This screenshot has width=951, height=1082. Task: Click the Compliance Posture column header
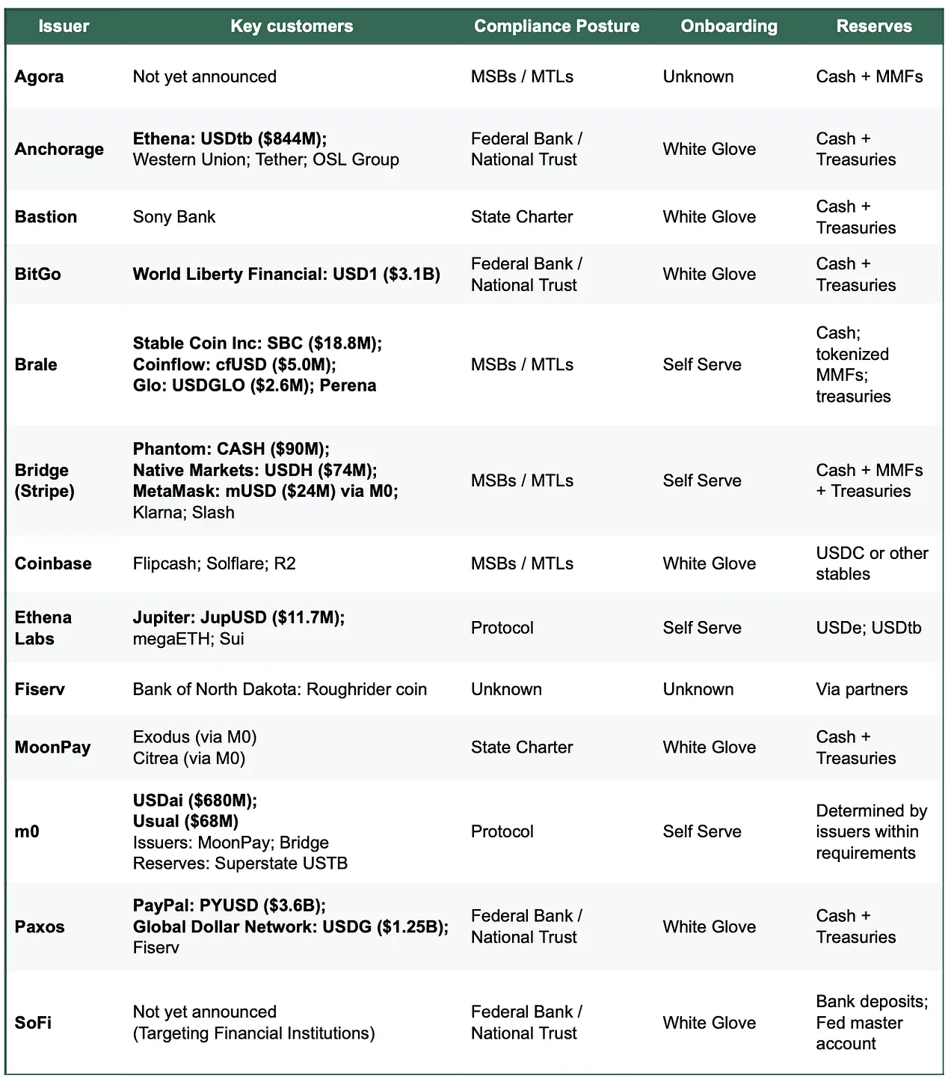556,26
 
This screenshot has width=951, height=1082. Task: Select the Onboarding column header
729,26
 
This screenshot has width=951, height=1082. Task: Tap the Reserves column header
873,26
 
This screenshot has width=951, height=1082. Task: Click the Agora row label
39,76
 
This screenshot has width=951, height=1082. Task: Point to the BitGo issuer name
37,274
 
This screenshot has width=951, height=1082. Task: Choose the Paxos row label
40,926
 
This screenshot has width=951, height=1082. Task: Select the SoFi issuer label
33,1022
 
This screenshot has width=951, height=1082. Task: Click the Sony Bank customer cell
174,217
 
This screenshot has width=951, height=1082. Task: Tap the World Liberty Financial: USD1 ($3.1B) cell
286,274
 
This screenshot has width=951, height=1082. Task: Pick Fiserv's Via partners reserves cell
861,689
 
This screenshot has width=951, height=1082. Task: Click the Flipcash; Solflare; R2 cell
214,563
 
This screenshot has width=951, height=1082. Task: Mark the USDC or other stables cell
872,563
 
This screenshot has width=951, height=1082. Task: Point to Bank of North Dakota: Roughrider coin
280,689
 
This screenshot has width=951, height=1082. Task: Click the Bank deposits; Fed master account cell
871,1022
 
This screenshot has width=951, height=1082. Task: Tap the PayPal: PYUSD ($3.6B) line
229,905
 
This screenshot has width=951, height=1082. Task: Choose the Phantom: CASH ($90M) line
231,449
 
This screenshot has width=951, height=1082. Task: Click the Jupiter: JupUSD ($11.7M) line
238,617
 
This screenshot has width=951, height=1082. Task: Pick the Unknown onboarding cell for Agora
698,76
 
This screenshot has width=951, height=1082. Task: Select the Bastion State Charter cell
521,217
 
